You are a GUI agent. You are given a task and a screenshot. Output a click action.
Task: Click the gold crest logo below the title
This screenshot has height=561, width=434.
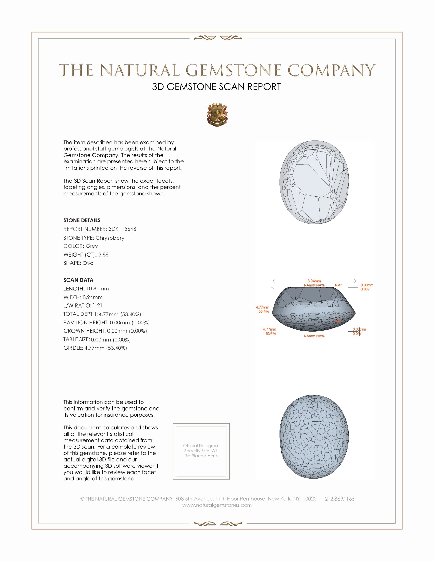[x=217, y=115]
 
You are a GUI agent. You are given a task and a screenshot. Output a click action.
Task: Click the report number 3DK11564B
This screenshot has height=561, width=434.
[x=122, y=229]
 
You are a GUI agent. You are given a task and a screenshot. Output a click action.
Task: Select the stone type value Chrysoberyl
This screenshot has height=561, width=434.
[x=110, y=238]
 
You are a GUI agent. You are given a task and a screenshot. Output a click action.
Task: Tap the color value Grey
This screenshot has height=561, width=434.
[x=92, y=246]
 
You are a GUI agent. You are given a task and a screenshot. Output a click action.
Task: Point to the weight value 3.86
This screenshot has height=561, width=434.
[x=103, y=254]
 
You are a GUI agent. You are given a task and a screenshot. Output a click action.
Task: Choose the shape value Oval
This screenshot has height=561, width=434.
[x=88, y=263]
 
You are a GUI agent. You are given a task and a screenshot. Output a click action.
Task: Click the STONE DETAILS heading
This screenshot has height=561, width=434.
[x=82, y=220]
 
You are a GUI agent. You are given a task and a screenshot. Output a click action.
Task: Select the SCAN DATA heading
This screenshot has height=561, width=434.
[x=78, y=280]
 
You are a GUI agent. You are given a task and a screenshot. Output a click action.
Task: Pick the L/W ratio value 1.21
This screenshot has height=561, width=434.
[x=98, y=306]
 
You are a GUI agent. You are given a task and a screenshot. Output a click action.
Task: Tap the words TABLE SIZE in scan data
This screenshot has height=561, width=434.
[x=76, y=340]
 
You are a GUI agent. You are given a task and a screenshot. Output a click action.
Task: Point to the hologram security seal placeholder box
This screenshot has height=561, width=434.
[x=201, y=451]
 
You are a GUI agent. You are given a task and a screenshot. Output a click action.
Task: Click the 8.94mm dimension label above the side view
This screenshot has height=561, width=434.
[x=314, y=281]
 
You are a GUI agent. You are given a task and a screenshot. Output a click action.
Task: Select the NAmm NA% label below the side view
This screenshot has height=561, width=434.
[x=314, y=336]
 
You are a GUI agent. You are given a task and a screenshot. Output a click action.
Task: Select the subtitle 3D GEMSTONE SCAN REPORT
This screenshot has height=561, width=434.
[x=216, y=87]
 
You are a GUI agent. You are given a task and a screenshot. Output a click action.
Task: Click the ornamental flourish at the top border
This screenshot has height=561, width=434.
[x=218, y=38]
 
